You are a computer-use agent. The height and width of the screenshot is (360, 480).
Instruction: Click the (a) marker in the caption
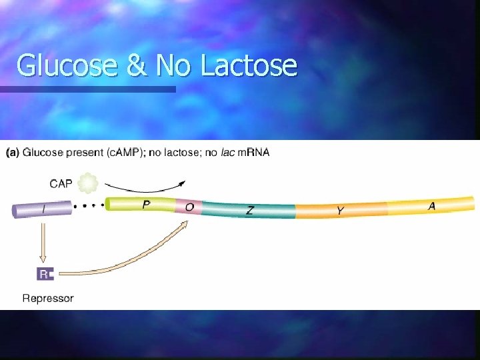[13, 153]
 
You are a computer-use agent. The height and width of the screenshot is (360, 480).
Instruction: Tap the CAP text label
[62, 181]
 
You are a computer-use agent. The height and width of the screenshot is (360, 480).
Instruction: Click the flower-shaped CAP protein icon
[88, 182]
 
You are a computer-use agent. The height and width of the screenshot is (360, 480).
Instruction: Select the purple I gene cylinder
[41, 209]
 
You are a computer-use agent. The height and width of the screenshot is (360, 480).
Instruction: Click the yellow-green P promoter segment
[140, 204]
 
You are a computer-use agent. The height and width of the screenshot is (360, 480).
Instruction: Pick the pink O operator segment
[189, 207]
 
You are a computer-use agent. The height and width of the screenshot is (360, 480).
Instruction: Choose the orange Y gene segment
[340, 211]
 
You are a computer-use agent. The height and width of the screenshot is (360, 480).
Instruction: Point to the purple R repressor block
[45, 273]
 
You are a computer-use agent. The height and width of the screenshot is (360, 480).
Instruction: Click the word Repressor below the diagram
[48, 298]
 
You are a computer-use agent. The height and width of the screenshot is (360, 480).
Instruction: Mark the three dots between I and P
[88, 207]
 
